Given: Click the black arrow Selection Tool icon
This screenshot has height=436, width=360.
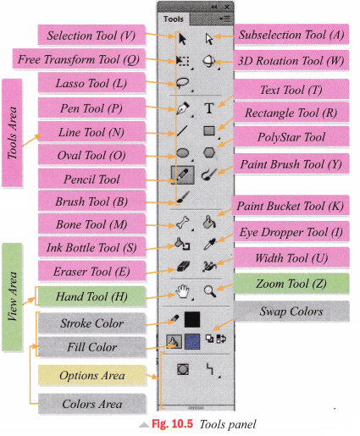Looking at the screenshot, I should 182,37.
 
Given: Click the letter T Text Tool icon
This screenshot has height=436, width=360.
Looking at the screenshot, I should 209,108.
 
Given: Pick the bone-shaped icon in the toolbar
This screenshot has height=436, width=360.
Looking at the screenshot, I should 182,223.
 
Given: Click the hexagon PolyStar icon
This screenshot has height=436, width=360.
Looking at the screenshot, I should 209,152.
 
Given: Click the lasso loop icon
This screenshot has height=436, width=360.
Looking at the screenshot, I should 182,84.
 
